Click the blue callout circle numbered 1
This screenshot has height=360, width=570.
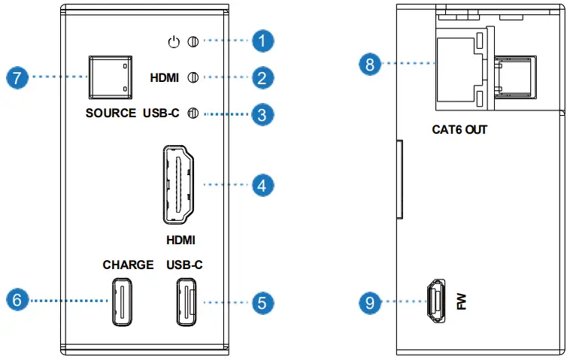[x=262, y=41]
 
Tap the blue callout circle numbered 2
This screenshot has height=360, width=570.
[x=262, y=77]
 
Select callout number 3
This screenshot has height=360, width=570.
[x=262, y=115]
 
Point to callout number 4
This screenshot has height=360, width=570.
[x=262, y=184]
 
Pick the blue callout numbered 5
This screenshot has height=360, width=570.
[x=262, y=302]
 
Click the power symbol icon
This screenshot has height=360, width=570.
[x=174, y=41]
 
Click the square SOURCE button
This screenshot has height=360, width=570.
[x=110, y=77]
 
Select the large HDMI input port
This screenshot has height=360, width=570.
[x=177, y=184]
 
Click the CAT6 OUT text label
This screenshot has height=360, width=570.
[x=459, y=130]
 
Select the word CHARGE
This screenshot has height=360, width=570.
[x=128, y=265]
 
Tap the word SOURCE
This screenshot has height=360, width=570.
[x=111, y=114]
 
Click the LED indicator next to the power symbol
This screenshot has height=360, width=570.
[x=192, y=41]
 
